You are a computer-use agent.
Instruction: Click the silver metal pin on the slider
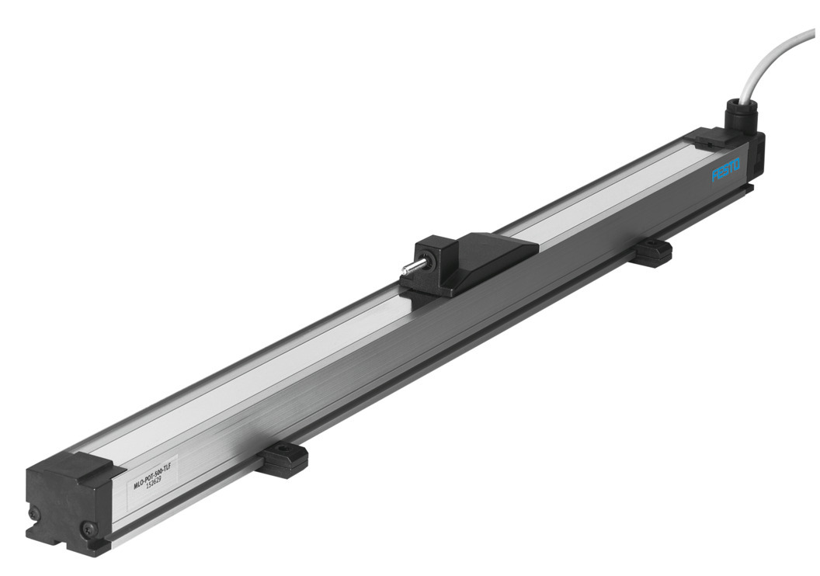(408, 269)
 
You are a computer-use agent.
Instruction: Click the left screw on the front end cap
(33, 513)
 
